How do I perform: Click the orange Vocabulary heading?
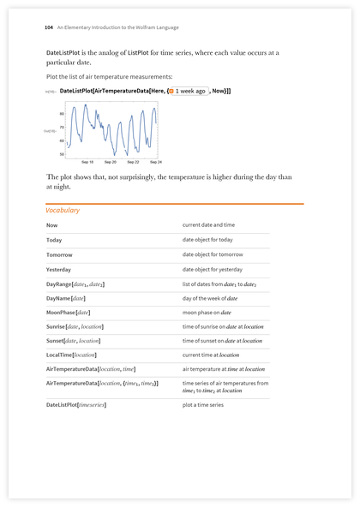tap(63, 210)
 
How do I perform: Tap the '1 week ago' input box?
tap(189, 90)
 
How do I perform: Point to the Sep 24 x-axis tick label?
tap(155, 162)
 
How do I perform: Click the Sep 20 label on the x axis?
tap(111, 162)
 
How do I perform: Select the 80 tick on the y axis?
tap(62, 113)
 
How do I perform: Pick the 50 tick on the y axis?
tap(62, 154)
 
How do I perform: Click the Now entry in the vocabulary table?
tap(52, 225)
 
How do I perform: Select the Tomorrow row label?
tap(60, 254)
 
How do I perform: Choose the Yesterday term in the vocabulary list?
tap(59, 269)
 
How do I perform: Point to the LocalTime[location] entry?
tap(71, 355)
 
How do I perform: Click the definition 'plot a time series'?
tap(203, 404)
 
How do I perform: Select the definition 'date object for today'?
tap(207, 240)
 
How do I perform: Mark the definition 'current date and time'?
tap(208, 225)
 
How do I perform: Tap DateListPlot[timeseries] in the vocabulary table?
tap(76, 404)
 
